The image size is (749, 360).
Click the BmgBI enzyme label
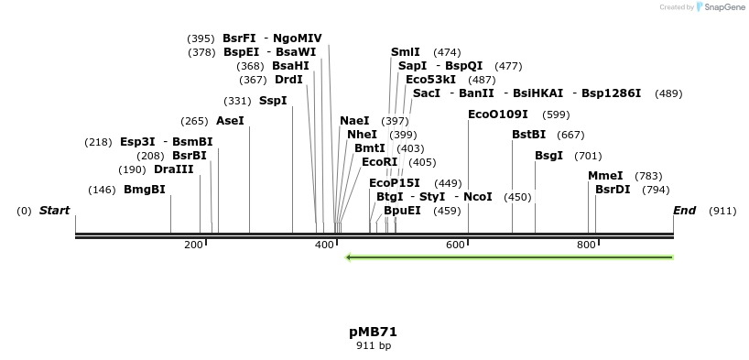click(x=145, y=190)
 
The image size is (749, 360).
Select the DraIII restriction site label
click(x=174, y=169)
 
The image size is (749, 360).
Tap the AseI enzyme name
click(x=230, y=121)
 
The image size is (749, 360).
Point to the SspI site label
click(x=273, y=101)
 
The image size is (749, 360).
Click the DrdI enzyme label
click(x=288, y=80)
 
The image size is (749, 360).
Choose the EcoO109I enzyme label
click(x=498, y=115)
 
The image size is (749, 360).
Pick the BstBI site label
click(x=528, y=135)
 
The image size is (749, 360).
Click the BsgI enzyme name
click(x=548, y=156)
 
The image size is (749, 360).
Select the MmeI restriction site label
click(x=605, y=176)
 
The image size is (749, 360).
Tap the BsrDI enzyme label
click(x=613, y=190)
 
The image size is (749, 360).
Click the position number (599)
click(x=556, y=115)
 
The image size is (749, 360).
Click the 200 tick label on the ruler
click(x=193, y=245)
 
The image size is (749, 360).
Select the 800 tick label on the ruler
click(x=586, y=245)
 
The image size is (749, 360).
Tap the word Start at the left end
click(x=54, y=211)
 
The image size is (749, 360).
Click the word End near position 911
click(x=684, y=211)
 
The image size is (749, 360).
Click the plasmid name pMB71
click(x=373, y=332)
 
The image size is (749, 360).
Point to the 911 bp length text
click(x=373, y=345)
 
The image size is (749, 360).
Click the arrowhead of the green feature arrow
click(x=349, y=257)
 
